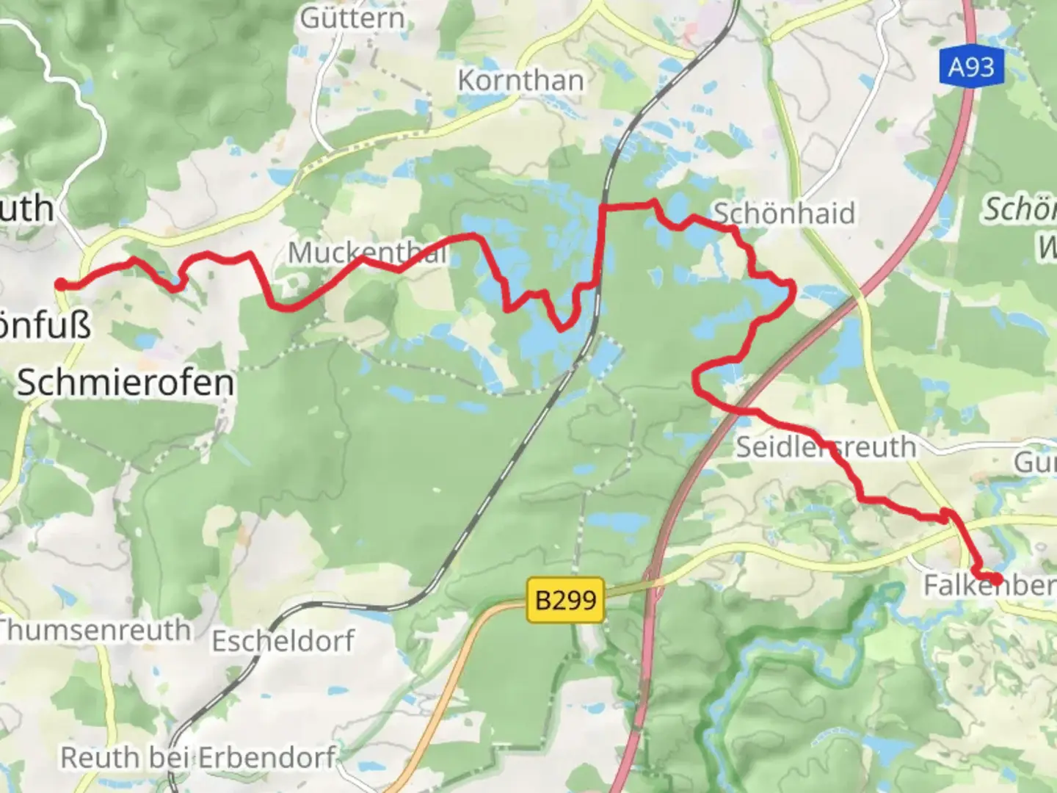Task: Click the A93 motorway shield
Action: click(x=970, y=68)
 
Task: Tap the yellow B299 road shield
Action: click(x=565, y=600)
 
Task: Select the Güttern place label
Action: click(x=352, y=18)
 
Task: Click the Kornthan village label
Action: click(x=520, y=80)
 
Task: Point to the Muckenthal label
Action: click(x=367, y=253)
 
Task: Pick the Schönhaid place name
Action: click(x=784, y=214)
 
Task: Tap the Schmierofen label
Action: click(x=126, y=383)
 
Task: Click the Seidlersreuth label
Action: click(x=826, y=446)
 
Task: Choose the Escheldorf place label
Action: click(x=283, y=641)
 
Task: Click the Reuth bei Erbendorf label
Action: click(x=198, y=757)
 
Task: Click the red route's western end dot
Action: click(x=61, y=285)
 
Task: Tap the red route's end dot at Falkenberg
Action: click(x=996, y=579)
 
